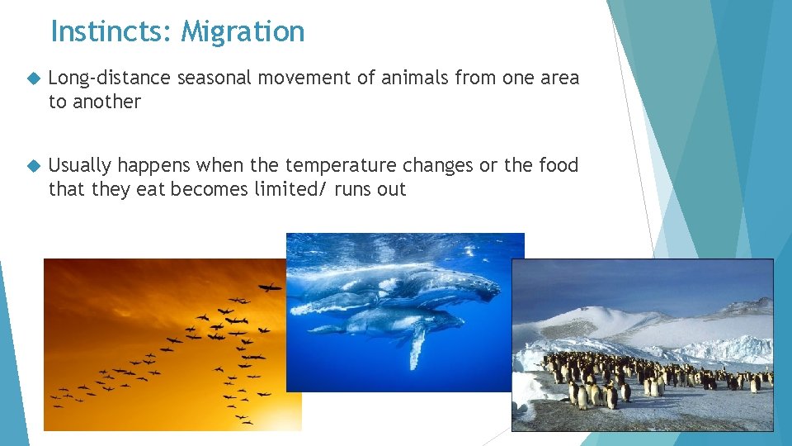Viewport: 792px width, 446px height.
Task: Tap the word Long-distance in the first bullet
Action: [110, 78]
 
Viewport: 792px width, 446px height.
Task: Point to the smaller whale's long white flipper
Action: [417, 345]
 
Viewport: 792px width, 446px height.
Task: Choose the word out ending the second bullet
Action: [392, 189]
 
